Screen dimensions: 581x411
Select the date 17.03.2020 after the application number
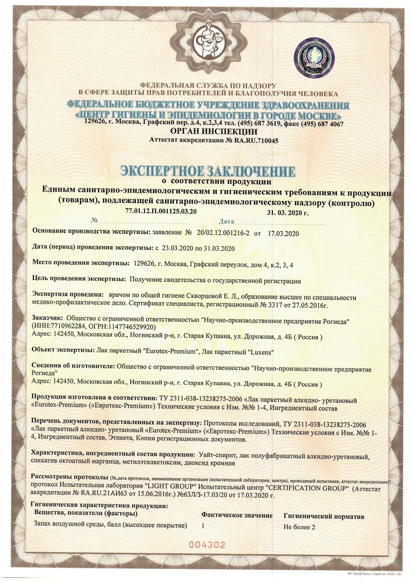[x=282, y=233]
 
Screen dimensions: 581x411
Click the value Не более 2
[x=300, y=527]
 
